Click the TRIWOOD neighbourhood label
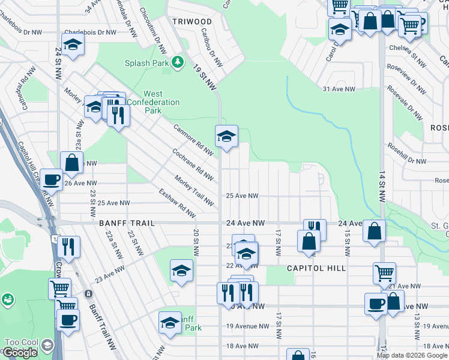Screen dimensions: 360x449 tap(188, 21)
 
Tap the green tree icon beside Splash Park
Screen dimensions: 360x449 tap(178, 62)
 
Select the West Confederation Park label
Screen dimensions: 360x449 tap(152, 98)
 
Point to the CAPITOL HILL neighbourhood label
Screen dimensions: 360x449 tap(316, 268)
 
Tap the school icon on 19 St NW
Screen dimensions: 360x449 tap(226, 137)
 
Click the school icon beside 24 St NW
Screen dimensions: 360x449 tap(73, 45)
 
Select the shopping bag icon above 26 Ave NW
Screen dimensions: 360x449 tap(71, 162)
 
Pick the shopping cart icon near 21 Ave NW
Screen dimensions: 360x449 tap(384, 273)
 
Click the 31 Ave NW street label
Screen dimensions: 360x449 tap(339, 89)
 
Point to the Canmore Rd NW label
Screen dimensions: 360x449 tap(193, 139)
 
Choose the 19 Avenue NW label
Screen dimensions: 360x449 tap(248, 326)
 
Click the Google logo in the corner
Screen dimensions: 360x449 tap(20, 353)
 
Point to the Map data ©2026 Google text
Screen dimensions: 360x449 tap(412, 355)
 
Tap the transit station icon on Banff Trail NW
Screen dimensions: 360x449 tap(88, 294)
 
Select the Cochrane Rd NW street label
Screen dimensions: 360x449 tap(193, 164)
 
